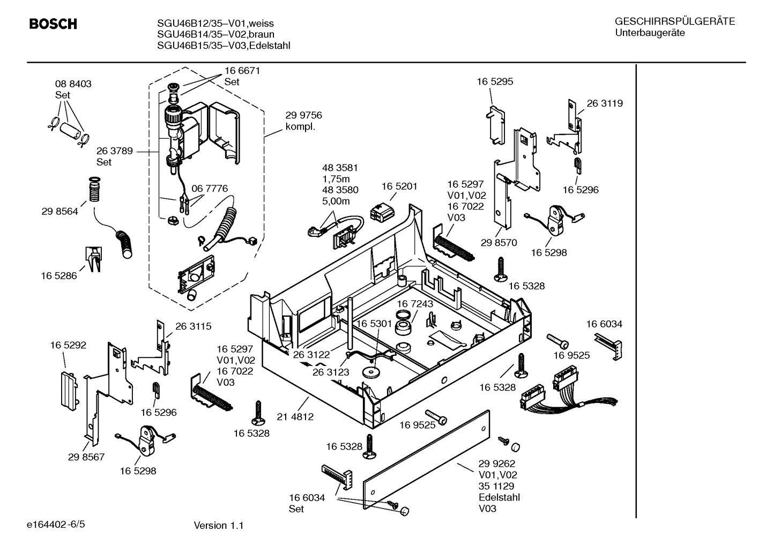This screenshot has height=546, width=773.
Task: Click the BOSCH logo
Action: pyautogui.click(x=53, y=24)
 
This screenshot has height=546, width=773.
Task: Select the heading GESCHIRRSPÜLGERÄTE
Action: pyautogui.click(x=674, y=21)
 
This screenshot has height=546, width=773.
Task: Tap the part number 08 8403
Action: pyautogui.click(x=73, y=84)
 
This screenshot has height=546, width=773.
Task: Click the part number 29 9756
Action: pyautogui.click(x=303, y=115)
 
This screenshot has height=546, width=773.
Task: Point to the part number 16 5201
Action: pyautogui.click(x=399, y=186)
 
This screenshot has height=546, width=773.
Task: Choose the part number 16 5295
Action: pyautogui.click(x=495, y=81)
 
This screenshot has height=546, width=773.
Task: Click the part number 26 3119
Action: pyautogui.click(x=605, y=103)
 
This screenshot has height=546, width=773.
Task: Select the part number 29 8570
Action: pyautogui.click(x=499, y=243)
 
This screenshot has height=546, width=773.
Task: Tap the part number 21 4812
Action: pyautogui.click(x=295, y=416)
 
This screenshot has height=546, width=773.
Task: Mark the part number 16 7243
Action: pyautogui.click(x=415, y=304)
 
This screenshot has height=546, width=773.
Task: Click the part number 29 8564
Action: pyautogui.click(x=60, y=211)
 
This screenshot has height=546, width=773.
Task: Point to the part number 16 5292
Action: pyautogui.click(x=68, y=345)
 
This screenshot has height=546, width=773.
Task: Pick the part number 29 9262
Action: pyautogui.click(x=497, y=463)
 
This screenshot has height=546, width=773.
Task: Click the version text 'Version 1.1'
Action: pyautogui.click(x=218, y=526)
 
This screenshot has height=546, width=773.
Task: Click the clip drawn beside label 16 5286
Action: pyautogui.click(x=93, y=259)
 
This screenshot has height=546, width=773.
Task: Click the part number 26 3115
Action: pyautogui.click(x=193, y=326)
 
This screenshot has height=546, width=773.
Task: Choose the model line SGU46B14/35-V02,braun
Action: pyautogui.click(x=215, y=34)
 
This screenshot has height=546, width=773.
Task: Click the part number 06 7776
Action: pyautogui.click(x=210, y=189)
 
